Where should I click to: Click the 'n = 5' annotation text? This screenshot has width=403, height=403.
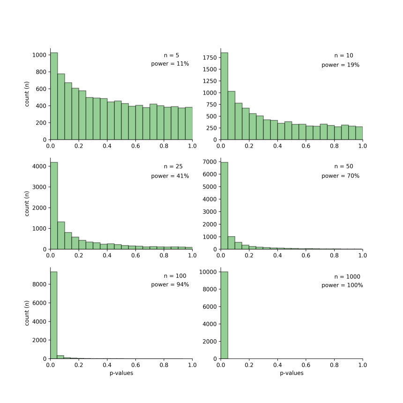[x=171, y=55]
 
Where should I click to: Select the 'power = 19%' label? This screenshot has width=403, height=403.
[x=340, y=65]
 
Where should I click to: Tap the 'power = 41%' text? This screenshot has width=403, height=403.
[x=170, y=176]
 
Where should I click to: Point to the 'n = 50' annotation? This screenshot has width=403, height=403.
[x=343, y=166]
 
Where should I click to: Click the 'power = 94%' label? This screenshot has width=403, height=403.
[x=170, y=284]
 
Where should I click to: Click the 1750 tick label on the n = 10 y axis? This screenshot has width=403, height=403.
[x=209, y=58]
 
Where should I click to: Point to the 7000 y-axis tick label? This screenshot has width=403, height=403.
[x=209, y=162]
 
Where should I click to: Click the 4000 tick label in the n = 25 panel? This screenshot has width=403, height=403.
[x=39, y=166]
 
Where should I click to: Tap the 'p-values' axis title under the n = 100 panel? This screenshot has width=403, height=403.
[x=121, y=373]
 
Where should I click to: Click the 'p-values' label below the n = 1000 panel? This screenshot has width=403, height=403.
[x=291, y=373]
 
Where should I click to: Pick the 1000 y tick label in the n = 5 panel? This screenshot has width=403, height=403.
[x=39, y=55]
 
